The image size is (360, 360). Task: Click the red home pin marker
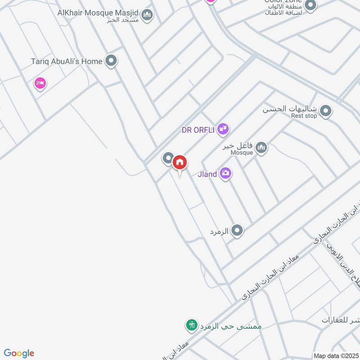click(180, 162)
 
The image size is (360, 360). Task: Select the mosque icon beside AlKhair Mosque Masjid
click(147, 16)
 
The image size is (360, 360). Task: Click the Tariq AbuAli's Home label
click(66, 61)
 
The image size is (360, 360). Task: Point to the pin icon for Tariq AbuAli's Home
click(111, 60)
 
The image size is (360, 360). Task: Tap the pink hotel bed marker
click(40, 83)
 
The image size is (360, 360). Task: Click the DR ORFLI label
click(198, 130)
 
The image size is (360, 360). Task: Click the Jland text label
click(207, 174)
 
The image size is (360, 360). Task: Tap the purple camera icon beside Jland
click(226, 173)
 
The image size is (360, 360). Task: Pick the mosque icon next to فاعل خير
click(261, 147)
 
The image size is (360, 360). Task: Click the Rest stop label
click(304, 116)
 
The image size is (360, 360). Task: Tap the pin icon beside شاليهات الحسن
click(326, 111)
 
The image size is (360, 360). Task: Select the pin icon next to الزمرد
click(237, 231)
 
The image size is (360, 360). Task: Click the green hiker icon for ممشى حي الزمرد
click(192, 325)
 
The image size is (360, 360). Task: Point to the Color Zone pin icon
click(310, 5)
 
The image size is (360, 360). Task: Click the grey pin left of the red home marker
click(168, 158)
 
